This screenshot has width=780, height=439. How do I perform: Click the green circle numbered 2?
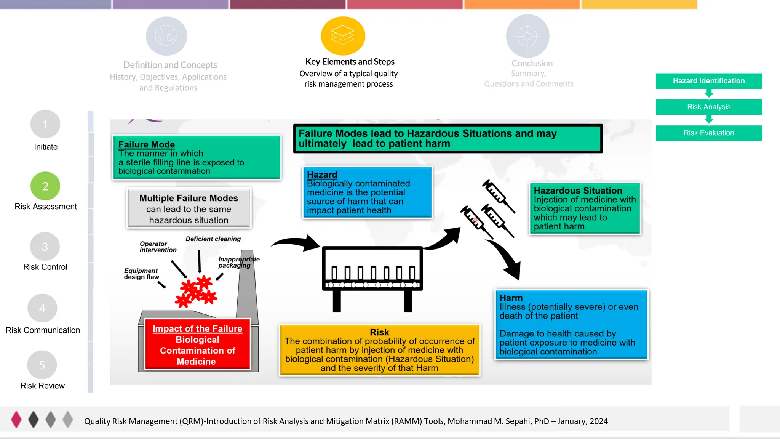[x=45, y=186]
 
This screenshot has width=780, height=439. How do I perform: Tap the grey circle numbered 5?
[x=42, y=365]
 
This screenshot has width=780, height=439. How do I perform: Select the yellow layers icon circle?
[x=343, y=36]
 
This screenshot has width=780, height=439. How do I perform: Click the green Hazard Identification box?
[x=708, y=81]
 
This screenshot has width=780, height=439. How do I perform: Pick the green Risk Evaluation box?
[x=708, y=133]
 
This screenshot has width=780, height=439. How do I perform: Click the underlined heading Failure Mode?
[x=147, y=144]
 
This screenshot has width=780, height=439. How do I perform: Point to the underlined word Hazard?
[x=322, y=175]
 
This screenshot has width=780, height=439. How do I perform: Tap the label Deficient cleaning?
[x=213, y=239]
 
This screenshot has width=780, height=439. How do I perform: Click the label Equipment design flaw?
[x=141, y=274]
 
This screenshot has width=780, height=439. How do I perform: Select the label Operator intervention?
[x=158, y=247]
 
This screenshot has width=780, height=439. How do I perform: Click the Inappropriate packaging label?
[x=238, y=262]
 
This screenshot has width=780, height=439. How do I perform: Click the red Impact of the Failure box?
[x=197, y=344]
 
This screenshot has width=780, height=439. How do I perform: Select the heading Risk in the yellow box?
[x=379, y=332]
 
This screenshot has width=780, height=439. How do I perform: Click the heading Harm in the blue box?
[x=511, y=298]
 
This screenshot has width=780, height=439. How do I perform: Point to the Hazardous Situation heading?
[x=578, y=191]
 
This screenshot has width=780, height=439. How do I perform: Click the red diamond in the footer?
[x=16, y=419]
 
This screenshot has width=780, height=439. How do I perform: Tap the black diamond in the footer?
[x=34, y=419]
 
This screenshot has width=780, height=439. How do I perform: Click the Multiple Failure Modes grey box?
[x=189, y=208]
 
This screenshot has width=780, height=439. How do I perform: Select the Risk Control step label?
[x=45, y=267]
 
